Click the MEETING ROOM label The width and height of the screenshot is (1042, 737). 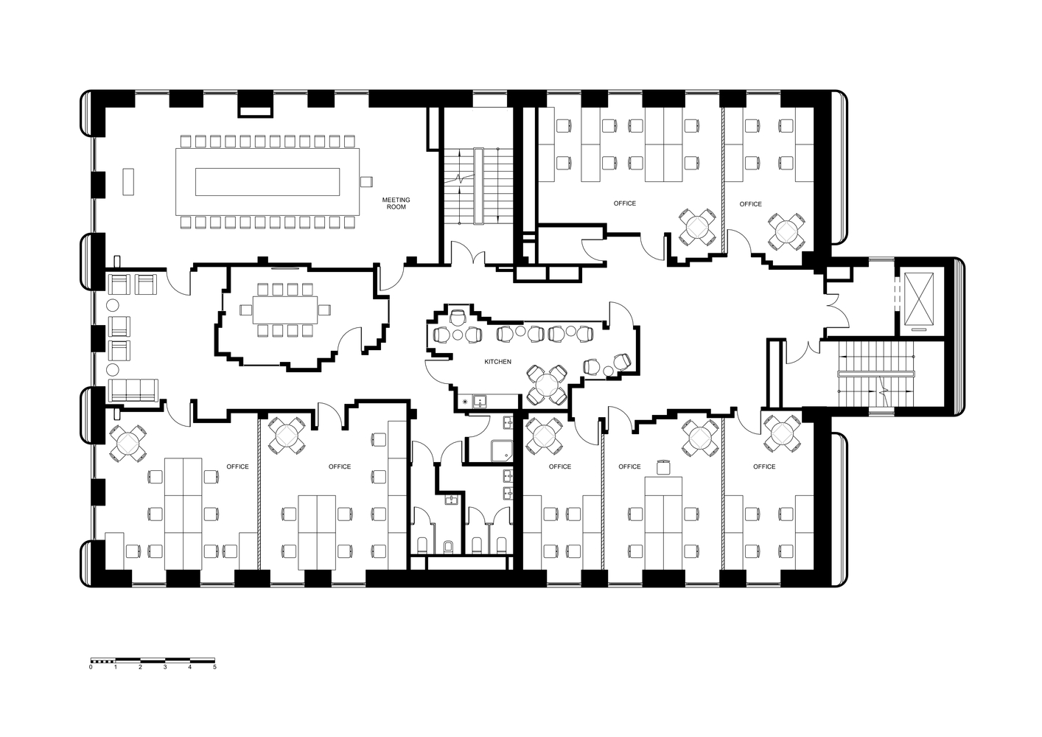click(x=396, y=203)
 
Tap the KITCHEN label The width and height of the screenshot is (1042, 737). click(x=497, y=362)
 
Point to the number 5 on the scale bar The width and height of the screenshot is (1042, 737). click(x=214, y=667)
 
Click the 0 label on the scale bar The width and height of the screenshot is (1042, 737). click(x=91, y=667)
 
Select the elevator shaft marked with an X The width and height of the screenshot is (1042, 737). click(x=917, y=298)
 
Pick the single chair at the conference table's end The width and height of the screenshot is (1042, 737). click(x=366, y=181)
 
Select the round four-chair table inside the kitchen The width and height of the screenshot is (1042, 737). click(x=547, y=384)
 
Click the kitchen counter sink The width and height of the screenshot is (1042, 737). click(x=480, y=402)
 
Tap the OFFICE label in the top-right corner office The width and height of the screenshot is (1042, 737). click(x=750, y=204)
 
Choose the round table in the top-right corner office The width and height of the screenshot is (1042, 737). click(x=786, y=231)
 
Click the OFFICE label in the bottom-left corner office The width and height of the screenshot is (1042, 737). click(x=237, y=467)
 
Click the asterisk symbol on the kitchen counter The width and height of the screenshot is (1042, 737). click(x=465, y=402)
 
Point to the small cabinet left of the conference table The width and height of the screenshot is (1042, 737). click(x=129, y=181)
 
